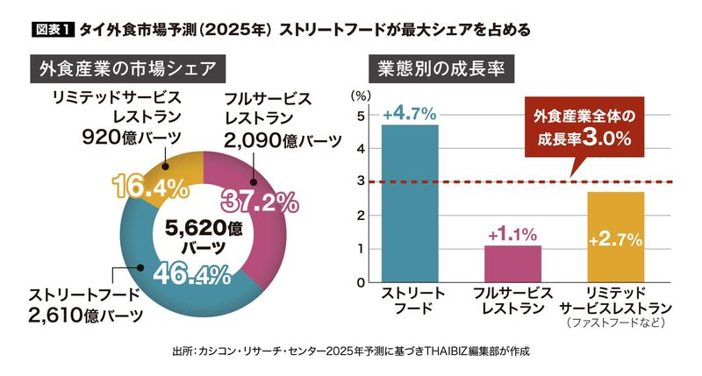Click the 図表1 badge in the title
[53, 30]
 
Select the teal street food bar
[410, 203]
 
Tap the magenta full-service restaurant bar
[512, 264]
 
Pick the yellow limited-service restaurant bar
[616, 237]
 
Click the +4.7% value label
[410, 114]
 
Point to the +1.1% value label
[512, 234]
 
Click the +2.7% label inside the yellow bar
[616, 240]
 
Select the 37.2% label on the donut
[260, 202]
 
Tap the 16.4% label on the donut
[150, 187]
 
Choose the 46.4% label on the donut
[192, 274]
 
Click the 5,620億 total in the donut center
[204, 228]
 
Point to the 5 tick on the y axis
[361, 116]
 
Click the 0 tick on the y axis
[361, 282]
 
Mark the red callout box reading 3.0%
[584, 127]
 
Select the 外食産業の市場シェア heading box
[127, 69]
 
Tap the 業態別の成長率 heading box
[441, 69]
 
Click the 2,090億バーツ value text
[283, 141]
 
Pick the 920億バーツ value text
[132, 138]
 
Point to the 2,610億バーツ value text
[85, 316]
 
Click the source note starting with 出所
[350, 351]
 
